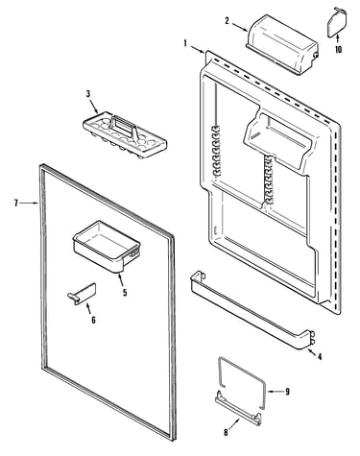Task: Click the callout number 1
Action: point(185,43)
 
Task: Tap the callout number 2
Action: point(227,21)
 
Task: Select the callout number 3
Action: point(88,94)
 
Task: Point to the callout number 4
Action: point(320,356)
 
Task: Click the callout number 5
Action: point(125,292)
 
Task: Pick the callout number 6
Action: point(93,320)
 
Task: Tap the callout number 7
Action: point(16,203)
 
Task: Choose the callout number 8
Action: point(226,432)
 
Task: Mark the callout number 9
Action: point(287,391)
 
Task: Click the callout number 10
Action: point(338,49)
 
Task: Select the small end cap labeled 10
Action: point(336,21)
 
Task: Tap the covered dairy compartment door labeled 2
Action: point(281,44)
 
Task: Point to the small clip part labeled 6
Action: point(82,294)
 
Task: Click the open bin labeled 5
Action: point(107,246)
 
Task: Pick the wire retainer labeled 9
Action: point(242,381)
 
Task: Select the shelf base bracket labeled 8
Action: point(238,409)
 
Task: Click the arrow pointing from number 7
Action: point(30,203)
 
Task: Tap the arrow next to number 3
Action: point(94,107)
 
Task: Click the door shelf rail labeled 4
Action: point(252,310)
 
